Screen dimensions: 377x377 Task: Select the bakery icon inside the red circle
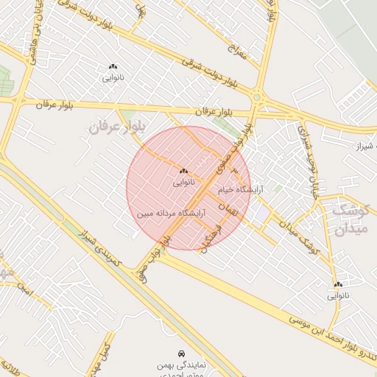[183, 171]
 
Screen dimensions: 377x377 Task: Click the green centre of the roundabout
[257, 96]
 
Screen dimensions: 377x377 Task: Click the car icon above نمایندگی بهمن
[182, 353]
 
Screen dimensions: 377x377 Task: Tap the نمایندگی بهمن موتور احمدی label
[182, 370]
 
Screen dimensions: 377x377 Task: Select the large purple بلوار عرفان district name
[113, 127]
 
